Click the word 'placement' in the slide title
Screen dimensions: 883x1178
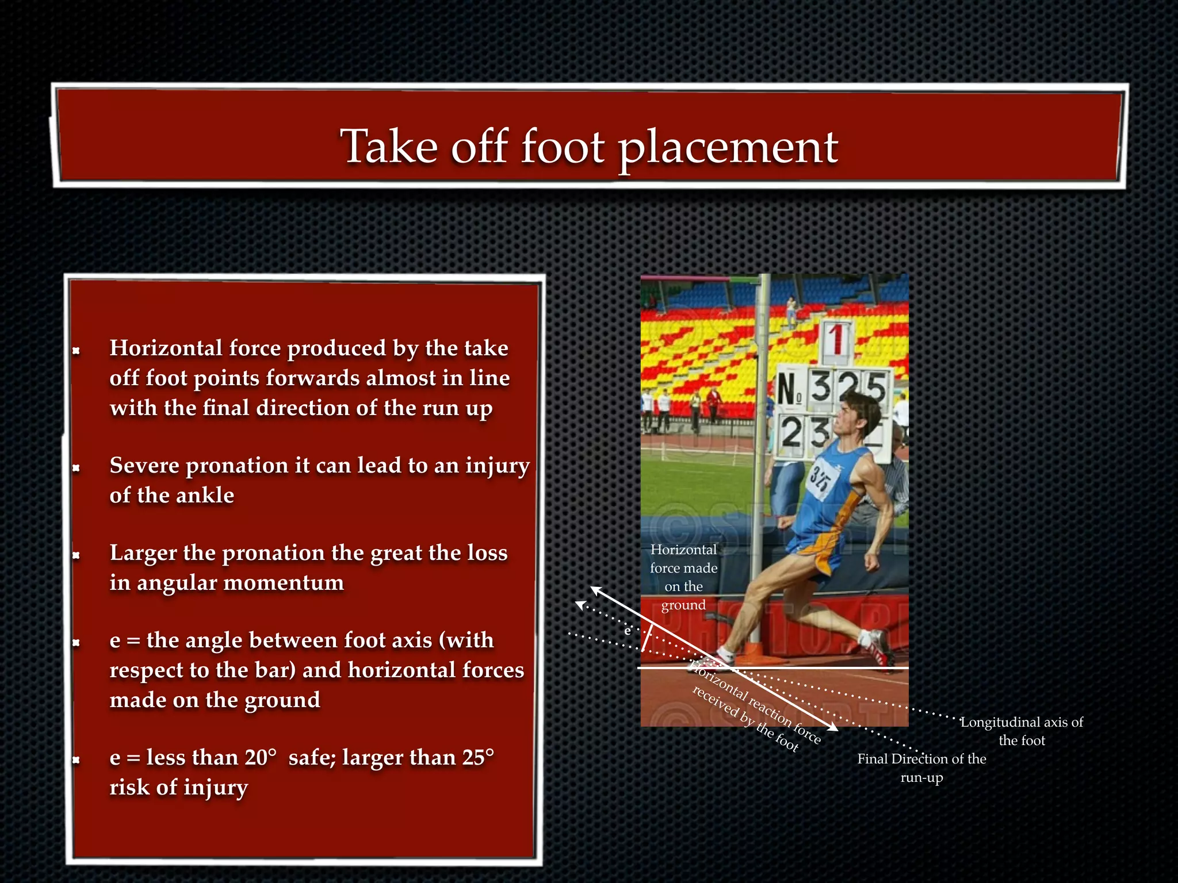pos(728,148)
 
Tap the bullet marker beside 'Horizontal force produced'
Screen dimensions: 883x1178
pos(76,350)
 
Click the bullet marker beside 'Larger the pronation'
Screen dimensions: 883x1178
pos(76,555)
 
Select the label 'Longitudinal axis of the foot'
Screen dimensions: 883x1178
pos(1022,731)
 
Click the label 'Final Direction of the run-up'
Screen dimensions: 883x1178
pos(921,768)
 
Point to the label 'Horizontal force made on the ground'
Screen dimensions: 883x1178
pos(683,577)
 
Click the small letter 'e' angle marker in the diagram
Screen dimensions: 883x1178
pos(628,631)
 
